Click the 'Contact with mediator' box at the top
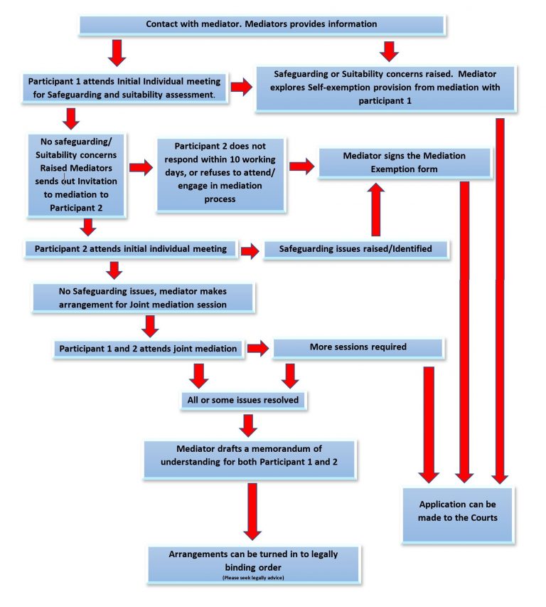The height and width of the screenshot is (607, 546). (x=261, y=24)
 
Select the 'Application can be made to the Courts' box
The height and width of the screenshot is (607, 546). (x=458, y=510)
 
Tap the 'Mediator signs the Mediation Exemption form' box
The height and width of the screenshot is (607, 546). (x=405, y=162)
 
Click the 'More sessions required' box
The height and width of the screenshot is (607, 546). (x=358, y=348)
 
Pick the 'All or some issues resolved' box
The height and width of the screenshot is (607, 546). (x=242, y=400)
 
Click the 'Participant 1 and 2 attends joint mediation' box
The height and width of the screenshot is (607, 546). (x=148, y=349)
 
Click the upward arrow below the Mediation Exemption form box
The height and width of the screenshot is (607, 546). (x=377, y=209)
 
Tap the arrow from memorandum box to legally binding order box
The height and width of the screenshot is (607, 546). (x=252, y=512)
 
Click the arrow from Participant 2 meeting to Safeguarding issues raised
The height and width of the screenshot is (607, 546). (x=250, y=250)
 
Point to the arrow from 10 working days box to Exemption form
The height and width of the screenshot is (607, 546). (x=301, y=167)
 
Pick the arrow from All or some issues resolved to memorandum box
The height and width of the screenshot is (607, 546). (x=247, y=425)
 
